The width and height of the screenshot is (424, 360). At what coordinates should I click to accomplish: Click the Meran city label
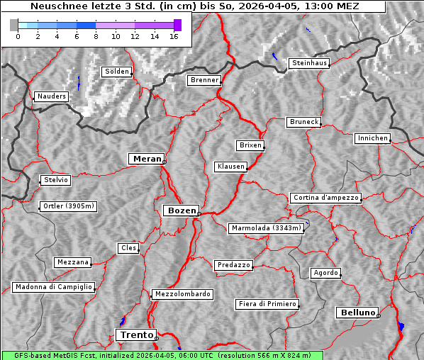coord(147,159)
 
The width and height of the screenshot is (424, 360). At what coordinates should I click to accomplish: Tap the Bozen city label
coord(181,210)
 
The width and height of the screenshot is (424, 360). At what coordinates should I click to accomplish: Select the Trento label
coord(135,335)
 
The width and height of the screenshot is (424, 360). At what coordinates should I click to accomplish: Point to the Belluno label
coord(357,312)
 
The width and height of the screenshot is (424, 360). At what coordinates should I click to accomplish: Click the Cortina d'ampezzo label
coord(325,198)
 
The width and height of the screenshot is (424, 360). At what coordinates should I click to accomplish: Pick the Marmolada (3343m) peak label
coord(267,228)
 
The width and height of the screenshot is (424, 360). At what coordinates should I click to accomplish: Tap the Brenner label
coord(204,80)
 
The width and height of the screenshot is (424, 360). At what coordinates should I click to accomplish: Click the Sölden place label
coord(117,72)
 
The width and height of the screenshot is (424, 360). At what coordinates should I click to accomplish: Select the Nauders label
coord(51,96)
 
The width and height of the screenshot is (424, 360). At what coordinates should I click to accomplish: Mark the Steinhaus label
coord(310,63)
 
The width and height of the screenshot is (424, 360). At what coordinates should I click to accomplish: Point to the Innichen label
coord(372,138)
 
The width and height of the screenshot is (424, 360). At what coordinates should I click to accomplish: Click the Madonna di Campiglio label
coord(53,287)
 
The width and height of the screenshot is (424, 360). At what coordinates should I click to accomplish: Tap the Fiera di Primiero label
coord(267,304)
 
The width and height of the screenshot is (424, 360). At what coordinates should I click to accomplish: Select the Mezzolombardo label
coord(182,293)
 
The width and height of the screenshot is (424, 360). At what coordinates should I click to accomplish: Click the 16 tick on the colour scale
coord(173,36)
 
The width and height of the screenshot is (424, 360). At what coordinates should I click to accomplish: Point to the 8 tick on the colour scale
coord(96,36)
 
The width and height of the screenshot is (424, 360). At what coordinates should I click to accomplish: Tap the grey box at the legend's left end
coord(14,25)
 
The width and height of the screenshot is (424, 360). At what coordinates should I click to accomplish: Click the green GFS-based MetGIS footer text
coord(162,355)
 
